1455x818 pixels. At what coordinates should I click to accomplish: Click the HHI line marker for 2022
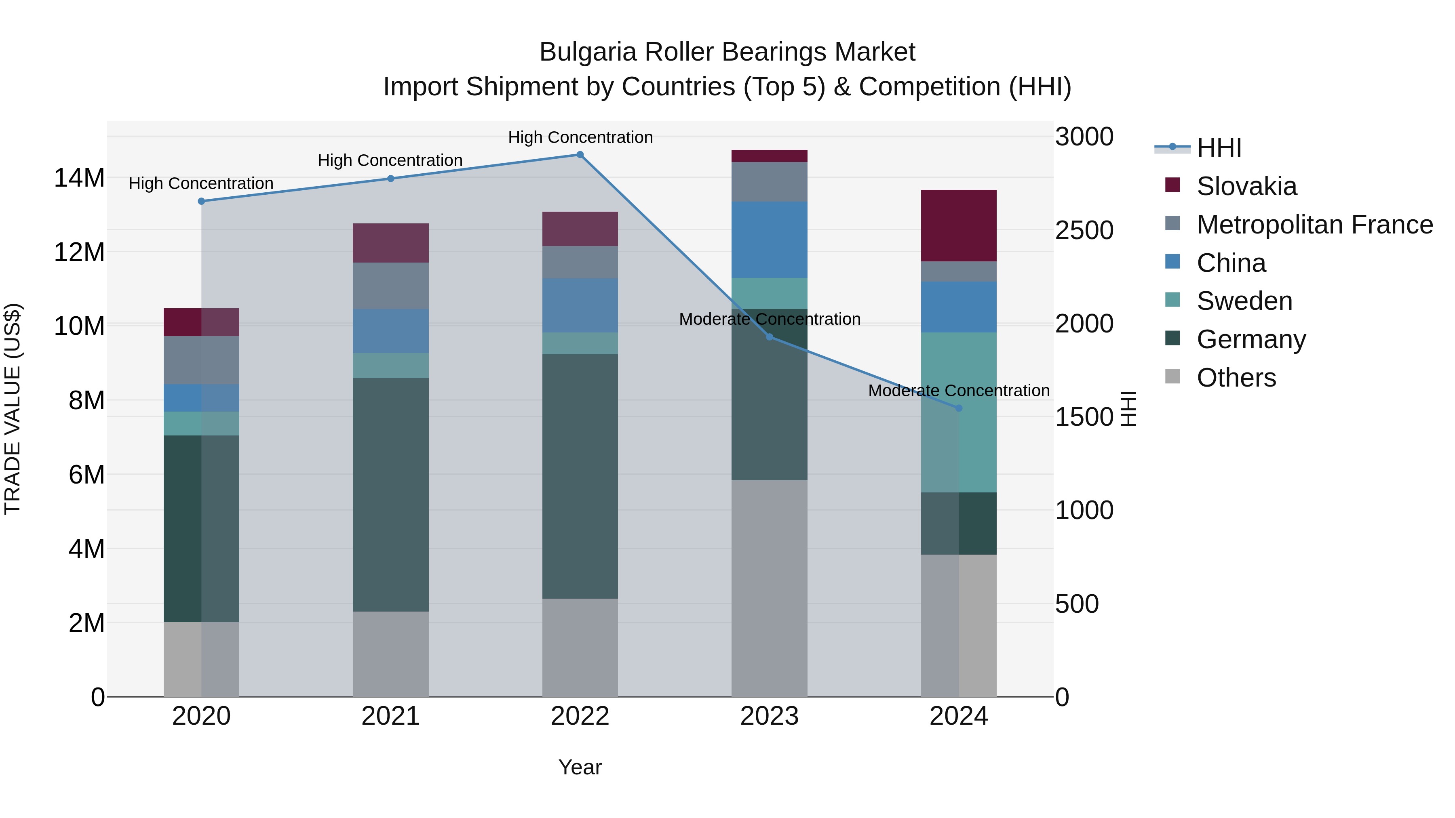tap(580, 155)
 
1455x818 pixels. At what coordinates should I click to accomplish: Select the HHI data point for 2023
tap(769, 337)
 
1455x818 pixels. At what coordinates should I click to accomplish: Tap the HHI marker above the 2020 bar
tap(201, 201)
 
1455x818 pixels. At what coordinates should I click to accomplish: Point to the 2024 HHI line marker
tap(959, 408)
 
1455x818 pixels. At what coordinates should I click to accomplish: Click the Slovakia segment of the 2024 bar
tap(959, 225)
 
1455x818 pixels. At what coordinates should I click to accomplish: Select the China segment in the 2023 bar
tap(769, 240)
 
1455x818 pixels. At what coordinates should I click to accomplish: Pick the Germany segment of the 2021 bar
tap(390, 494)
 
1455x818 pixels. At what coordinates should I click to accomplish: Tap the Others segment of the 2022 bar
tap(580, 647)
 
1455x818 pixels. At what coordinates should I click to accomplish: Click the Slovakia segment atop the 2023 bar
tap(769, 156)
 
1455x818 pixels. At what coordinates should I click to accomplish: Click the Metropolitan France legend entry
tap(1314, 225)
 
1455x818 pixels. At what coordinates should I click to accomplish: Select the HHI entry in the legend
tap(1219, 148)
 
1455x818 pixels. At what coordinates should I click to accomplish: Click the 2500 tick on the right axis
tap(1084, 230)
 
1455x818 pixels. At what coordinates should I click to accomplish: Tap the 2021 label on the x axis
tap(390, 716)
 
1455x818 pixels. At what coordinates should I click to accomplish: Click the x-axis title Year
tap(580, 767)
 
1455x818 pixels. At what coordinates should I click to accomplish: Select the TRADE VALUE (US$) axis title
tap(13, 409)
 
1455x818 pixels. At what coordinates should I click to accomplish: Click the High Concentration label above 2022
tap(580, 137)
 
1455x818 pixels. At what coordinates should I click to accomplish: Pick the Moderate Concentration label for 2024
tap(959, 391)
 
